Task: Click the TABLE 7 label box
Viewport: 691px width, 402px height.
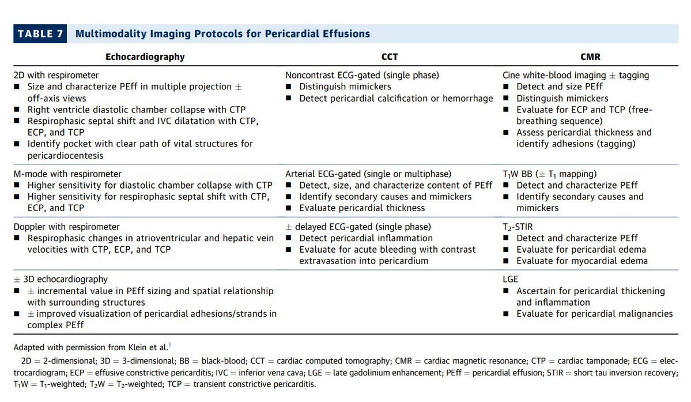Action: pyautogui.click(x=40, y=34)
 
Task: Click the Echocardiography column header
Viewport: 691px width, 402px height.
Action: pyautogui.click(x=145, y=57)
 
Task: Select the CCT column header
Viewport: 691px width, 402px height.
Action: pyautogui.click(x=390, y=57)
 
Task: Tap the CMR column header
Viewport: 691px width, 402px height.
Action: pyautogui.click(x=590, y=57)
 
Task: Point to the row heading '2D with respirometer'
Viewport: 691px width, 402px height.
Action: pyautogui.click(x=56, y=76)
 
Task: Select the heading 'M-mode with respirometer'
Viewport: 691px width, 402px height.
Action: pyautogui.click(x=67, y=174)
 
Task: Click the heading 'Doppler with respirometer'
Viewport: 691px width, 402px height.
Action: pyautogui.click(x=66, y=227)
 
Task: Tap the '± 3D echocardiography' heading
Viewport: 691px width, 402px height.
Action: pyautogui.click(x=61, y=280)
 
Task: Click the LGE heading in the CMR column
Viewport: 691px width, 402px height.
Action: pyautogui.click(x=510, y=280)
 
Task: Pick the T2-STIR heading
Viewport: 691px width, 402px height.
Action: pyautogui.click(x=518, y=227)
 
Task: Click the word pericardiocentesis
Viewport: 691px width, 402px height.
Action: pyautogui.click(x=65, y=156)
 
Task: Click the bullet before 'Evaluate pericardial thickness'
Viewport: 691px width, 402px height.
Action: pyautogui.click(x=289, y=208)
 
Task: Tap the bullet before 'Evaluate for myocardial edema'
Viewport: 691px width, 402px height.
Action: pyautogui.click(x=506, y=261)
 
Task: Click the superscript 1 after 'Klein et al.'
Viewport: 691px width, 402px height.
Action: pyautogui.click(x=169, y=345)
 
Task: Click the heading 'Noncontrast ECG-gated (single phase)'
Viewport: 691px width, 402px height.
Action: pyautogui.click(x=363, y=76)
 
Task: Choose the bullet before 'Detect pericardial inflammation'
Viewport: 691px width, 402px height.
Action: pyautogui.click(x=289, y=238)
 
